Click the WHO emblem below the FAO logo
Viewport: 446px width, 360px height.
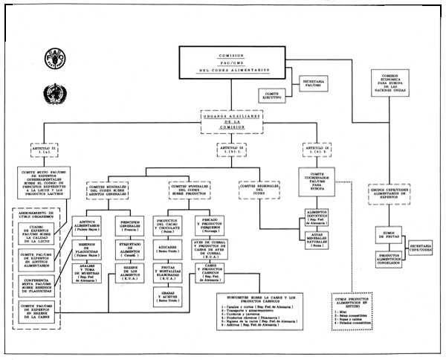[52, 94]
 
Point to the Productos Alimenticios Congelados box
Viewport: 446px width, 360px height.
[387, 257]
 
